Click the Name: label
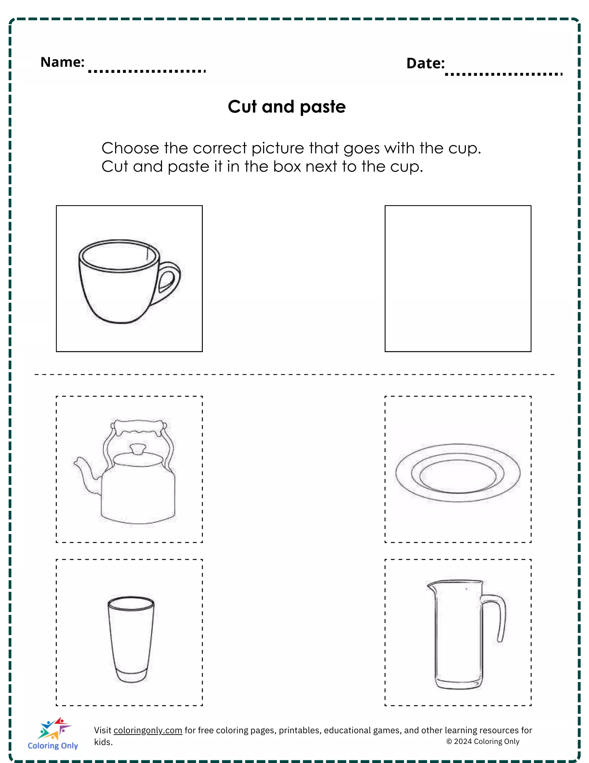pyautogui.click(x=63, y=62)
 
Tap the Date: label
pyautogui.click(x=425, y=63)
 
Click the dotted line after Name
pyautogui.click(x=147, y=71)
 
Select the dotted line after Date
pyautogui.click(x=504, y=74)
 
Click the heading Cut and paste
pyautogui.click(x=287, y=106)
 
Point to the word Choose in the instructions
pyautogui.click(x=130, y=148)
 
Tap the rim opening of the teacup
pyautogui.click(x=118, y=256)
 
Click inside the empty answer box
pyautogui.click(x=458, y=278)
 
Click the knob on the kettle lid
pyautogui.click(x=138, y=449)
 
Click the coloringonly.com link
pyautogui.click(x=148, y=730)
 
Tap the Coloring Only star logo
pyautogui.click(x=54, y=728)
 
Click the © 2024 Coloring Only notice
pyautogui.click(x=483, y=741)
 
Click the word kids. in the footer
pyautogui.click(x=103, y=742)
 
